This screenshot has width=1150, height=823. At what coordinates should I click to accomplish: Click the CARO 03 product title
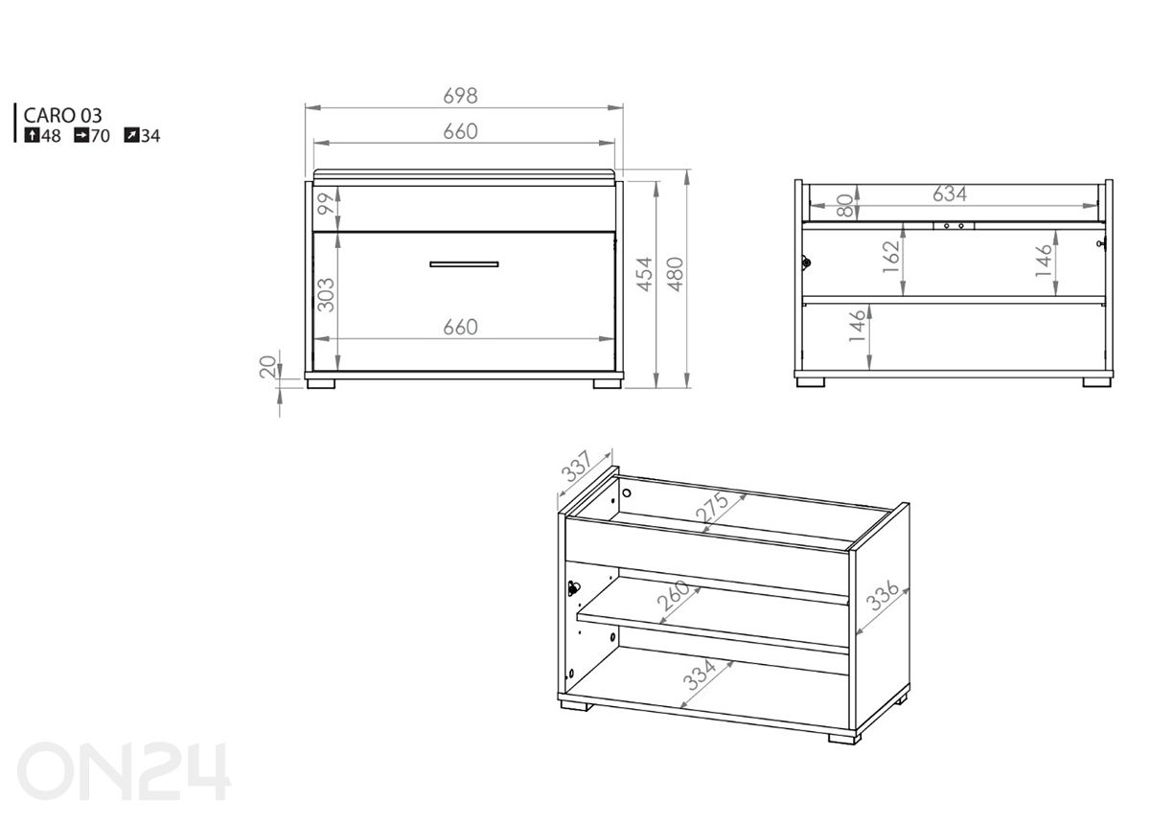click(x=62, y=116)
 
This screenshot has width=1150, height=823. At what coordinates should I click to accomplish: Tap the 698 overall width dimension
click(x=460, y=96)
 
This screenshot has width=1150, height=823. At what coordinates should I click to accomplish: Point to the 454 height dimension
click(x=644, y=274)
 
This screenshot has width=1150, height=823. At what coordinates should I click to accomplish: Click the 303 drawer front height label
click(x=326, y=295)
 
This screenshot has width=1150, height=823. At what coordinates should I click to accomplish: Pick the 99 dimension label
click(x=326, y=203)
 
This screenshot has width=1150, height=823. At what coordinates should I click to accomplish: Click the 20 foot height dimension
click(x=268, y=367)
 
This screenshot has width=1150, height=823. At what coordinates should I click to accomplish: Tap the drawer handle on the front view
click(x=464, y=264)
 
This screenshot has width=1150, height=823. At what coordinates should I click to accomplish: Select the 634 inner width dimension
click(x=950, y=194)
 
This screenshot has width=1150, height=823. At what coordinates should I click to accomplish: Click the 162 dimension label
click(x=891, y=257)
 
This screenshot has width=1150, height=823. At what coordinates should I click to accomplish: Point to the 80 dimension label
click(x=844, y=205)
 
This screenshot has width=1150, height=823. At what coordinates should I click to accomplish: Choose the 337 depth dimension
click(x=577, y=466)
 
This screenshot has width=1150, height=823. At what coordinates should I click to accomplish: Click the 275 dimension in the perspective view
click(x=712, y=507)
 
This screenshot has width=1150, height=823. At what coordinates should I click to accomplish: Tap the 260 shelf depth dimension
click(x=674, y=596)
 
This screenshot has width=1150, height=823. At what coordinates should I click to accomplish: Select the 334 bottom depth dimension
click(x=699, y=674)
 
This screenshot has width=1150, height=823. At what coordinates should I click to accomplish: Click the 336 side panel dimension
click(x=882, y=596)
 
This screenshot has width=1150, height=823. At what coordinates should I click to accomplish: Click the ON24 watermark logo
click(x=124, y=771)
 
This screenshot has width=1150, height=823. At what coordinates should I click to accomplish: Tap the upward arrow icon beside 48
click(x=32, y=135)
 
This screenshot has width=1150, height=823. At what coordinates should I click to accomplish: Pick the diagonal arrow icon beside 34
click(x=131, y=135)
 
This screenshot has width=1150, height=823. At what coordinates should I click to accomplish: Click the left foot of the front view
click(x=321, y=383)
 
